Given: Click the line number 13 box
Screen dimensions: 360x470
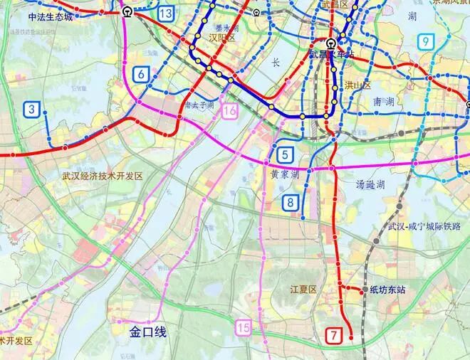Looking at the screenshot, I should [167, 13].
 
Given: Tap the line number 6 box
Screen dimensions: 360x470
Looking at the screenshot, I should [140, 73].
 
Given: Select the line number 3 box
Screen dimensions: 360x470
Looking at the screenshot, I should [32, 109].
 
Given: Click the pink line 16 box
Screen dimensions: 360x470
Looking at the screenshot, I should [229, 110].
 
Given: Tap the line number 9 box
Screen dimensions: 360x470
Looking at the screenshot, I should [426, 42].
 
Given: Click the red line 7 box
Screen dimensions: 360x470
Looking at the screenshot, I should [333, 334].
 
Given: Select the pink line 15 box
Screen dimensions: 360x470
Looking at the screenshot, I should [244, 327].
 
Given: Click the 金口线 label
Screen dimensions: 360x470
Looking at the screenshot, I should [147, 331].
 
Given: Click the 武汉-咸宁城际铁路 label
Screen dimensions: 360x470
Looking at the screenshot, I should [425, 226].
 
